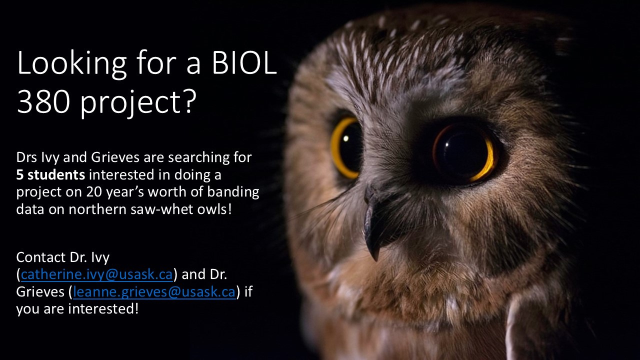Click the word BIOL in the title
(x=244, y=63)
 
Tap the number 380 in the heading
(x=43, y=102)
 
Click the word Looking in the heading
(x=71, y=65)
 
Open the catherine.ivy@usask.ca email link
(x=97, y=274)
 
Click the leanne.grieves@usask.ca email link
(x=154, y=291)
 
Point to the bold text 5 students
(x=50, y=174)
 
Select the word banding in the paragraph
(x=233, y=192)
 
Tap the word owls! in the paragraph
(x=214, y=209)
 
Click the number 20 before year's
(x=94, y=191)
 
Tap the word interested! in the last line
(x=103, y=309)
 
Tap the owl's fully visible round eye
(x=464, y=153)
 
